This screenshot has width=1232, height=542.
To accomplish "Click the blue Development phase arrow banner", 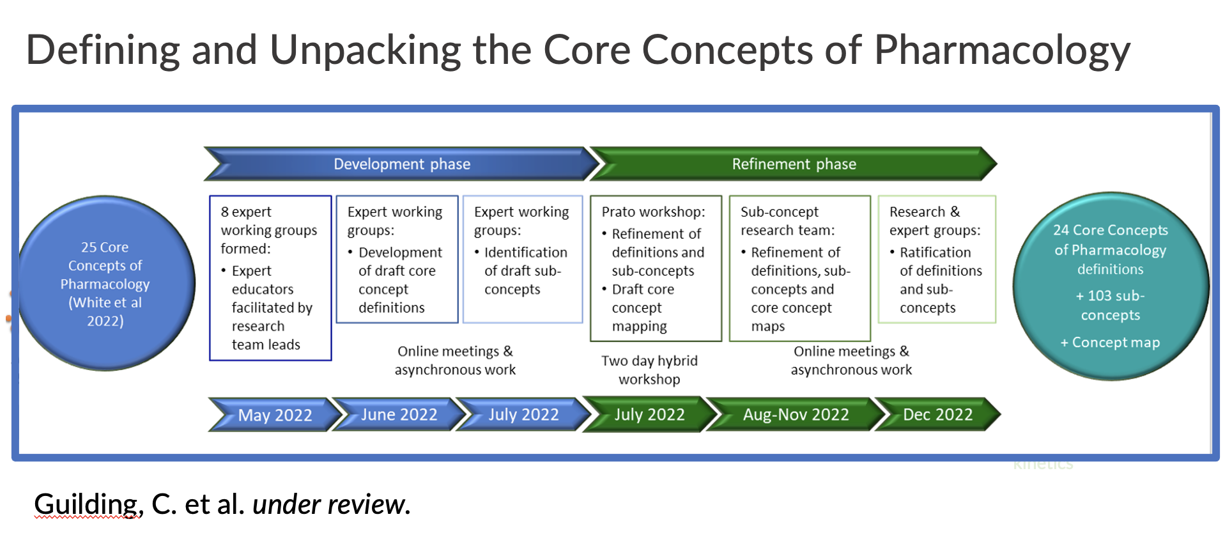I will [401, 164].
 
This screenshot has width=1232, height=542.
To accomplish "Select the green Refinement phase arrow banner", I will [794, 164].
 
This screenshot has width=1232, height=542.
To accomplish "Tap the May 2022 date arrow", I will [275, 415].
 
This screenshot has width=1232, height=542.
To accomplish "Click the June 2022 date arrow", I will [399, 415].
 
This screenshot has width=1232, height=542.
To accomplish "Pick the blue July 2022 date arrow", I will [523, 415].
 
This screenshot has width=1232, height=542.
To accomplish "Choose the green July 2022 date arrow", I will [649, 415].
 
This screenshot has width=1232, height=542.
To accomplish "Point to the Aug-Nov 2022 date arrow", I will [796, 415].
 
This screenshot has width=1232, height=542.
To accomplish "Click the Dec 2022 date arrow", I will [937, 415].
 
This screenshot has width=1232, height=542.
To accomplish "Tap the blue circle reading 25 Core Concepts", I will [105, 284].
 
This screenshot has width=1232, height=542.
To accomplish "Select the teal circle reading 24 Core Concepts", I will [1110, 286].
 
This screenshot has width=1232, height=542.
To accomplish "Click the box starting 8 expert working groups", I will [270, 278].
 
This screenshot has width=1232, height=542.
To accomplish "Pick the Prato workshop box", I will [656, 268].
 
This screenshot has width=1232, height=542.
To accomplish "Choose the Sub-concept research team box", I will [799, 268].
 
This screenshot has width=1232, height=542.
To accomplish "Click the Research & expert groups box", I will [937, 259].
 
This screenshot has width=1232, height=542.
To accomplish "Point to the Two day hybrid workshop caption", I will [649, 370].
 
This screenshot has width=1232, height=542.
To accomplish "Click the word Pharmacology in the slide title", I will [1001, 50].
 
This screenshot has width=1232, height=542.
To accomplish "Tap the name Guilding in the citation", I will [87, 504].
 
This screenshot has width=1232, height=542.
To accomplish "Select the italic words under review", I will [331, 504].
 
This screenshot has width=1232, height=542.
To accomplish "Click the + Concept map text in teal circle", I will [1110, 343].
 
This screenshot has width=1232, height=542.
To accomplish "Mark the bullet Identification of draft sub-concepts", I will [525, 271].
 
